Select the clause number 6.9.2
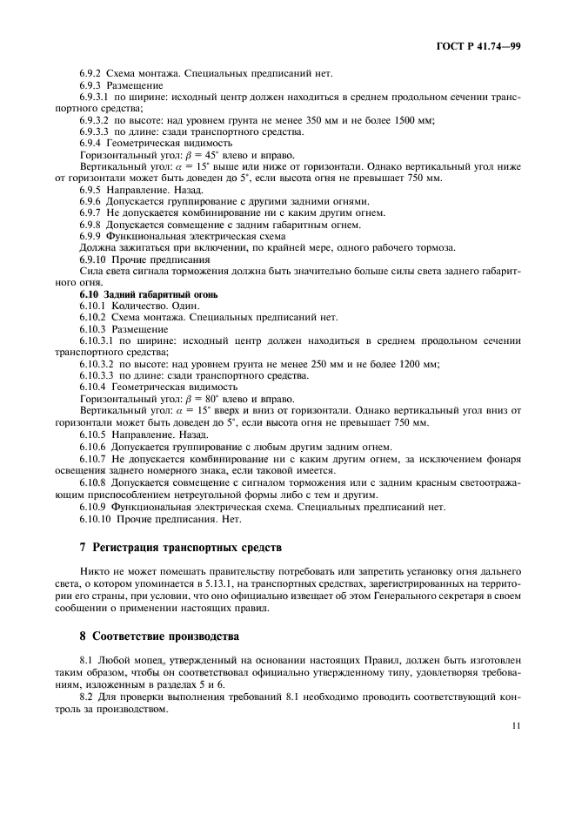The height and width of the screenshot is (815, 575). tap(91, 74)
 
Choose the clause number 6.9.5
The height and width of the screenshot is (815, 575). tap(91, 188)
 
